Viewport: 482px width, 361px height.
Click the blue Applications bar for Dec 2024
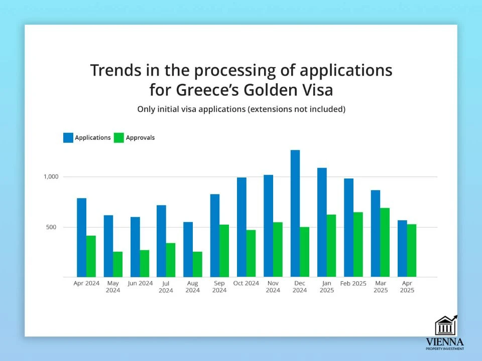pyautogui.click(x=295, y=214)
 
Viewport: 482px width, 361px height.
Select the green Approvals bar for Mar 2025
pyautogui.click(x=385, y=243)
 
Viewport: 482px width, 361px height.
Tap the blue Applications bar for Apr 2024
pyautogui.click(x=81, y=238)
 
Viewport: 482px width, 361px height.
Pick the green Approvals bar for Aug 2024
pyautogui.click(x=197, y=264)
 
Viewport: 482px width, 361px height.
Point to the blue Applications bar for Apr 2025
pyautogui.click(x=402, y=249)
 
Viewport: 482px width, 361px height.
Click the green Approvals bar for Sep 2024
pyautogui.click(x=224, y=251)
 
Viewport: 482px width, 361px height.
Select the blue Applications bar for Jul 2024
pyautogui.click(x=161, y=241)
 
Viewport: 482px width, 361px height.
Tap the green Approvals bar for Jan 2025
pyautogui.click(x=331, y=246)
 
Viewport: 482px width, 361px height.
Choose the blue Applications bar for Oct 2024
pyautogui.click(x=242, y=227)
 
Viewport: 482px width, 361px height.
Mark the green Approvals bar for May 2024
pyautogui.click(x=117, y=264)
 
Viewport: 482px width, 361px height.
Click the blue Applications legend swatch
pyautogui.click(x=68, y=137)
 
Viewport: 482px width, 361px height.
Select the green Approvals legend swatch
pyautogui.click(x=118, y=137)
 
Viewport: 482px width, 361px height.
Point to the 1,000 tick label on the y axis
pyautogui.click(x=51, y=176)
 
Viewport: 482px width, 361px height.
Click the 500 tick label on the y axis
pyautogui.click(x=51, y=227)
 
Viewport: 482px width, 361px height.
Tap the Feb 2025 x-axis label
pyautogui.click(x=353, y=283)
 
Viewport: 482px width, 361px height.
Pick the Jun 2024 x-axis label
pyautogui.click(x=140, y=283)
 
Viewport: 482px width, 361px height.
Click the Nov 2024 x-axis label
pyautogui.click(x=273, y=287)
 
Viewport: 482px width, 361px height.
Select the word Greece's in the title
pyautogui.click(x=207, y=90)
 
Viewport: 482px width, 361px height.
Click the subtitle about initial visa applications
pyautogui.click(x=242, y=109)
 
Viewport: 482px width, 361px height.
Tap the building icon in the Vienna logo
pyautogui.click(x=446, y=325)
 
